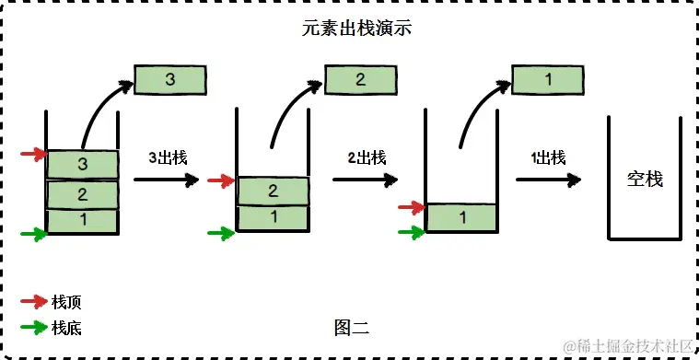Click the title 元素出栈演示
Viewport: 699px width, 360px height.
(x=349, y=29)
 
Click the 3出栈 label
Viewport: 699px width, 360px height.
(x=169, y=157)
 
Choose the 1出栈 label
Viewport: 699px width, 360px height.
(x=548, y=157)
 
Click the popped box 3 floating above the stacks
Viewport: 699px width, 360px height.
(x=169, y=80)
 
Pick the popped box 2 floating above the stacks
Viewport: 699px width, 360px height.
(x=360, y=80)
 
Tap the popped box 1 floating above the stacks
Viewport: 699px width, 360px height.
(x=548, y=80)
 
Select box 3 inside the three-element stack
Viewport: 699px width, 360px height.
(x=82, y=165)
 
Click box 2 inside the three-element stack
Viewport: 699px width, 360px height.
(x=82, y=194)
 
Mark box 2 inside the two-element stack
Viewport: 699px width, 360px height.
(x=272, y=191)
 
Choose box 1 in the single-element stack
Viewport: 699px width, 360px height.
(x=461, y=218)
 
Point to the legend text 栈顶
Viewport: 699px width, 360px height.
(x=67, y=301)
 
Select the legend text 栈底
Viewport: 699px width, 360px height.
(x=67, y=327)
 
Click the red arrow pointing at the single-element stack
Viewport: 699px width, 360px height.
(x=410, y=208)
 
